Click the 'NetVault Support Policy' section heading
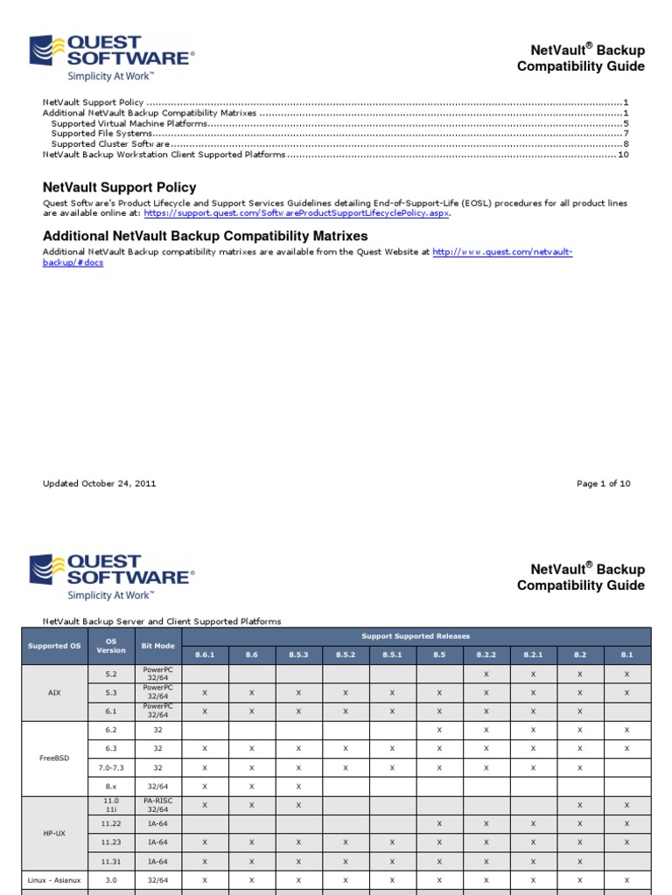(120, 187)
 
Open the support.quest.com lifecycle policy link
(297, 212)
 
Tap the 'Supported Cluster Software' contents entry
(110, 144)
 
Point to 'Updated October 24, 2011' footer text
(100, 483)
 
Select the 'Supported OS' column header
(54, 646)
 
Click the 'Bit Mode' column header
(158, 646)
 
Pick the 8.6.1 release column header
(205, 655)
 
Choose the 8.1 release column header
(627, 655)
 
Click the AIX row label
(54, 692)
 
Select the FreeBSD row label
(54, 759)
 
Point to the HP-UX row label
(54, 833)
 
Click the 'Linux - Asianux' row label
(54, 880)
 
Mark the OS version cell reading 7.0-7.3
(111, 767)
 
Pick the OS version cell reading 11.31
(111, 861)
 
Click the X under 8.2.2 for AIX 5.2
(486, 675)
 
